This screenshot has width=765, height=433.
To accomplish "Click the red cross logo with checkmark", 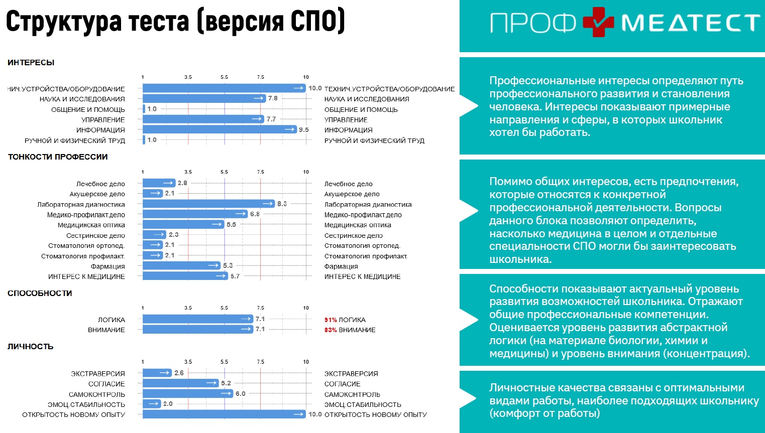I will (x=598, y=22).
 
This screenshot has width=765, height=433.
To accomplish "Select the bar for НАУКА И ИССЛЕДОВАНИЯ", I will (x=204, y=99).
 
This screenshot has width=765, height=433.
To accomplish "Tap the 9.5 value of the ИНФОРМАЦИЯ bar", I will (x=304, y=129).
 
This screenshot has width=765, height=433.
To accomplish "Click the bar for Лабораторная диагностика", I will (x=208, y=204).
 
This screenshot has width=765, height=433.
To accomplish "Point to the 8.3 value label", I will (x=282, y=204).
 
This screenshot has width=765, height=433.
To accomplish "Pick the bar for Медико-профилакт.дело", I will (x=195, y=214).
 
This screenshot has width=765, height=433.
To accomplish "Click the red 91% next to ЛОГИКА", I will (x=331, y=320).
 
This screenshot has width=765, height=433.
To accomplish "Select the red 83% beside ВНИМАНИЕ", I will (x=331, y=330).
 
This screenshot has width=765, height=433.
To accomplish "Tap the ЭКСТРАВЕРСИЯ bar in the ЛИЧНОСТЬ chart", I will (x=157, y=373).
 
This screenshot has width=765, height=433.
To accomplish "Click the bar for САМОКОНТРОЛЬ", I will (x=188, y=394).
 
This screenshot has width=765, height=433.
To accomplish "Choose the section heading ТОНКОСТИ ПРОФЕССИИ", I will (x=58, y=157).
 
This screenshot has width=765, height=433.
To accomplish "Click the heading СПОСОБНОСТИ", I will (x=40, y=294).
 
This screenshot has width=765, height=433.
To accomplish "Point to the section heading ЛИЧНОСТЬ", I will (x=30, y=347).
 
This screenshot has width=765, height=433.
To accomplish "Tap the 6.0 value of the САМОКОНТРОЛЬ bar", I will (x=241, y=394).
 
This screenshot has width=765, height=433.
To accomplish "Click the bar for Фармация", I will (x=181, y=265).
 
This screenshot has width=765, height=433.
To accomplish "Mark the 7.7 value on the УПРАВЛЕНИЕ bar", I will (x=271, y=119).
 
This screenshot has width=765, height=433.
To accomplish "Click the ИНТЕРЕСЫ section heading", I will (x=31, y=63).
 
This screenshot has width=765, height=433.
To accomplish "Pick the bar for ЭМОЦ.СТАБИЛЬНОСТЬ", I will (x=152, y=404).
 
